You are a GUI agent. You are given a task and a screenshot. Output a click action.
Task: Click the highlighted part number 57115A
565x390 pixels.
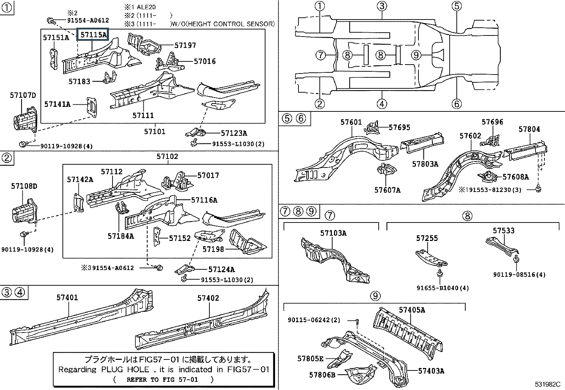click(x=93, y=35)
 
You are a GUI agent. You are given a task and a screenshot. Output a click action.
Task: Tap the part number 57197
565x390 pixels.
click(x=185, y=45)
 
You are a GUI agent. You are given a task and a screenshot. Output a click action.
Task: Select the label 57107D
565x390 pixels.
click(x=23, y=95)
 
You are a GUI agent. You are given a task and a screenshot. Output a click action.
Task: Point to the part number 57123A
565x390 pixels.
click(x=234, y=133)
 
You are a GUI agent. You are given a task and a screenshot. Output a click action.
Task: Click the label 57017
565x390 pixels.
click(x=208, y=176)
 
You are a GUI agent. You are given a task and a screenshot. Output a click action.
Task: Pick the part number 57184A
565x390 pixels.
click(x=121, y=236)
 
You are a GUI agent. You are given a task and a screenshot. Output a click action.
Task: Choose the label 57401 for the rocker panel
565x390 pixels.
click(x=67, y=298)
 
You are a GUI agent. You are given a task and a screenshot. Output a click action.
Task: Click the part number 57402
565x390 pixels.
click(x=208, y=298)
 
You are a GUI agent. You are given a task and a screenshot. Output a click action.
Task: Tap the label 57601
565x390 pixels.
click(x=351, y=122)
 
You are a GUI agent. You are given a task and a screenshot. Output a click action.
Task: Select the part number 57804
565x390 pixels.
click(x=529, y=129)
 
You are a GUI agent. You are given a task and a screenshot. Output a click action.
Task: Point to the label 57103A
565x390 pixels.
click(x=333, y=233)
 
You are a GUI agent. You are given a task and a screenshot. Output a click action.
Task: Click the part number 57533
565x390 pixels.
click(x=503, y=231)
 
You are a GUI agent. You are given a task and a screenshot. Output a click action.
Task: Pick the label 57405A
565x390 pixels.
click(x=412, y=310)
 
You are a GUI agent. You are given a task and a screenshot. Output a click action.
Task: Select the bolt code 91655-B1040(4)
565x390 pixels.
click(x=443, y=288)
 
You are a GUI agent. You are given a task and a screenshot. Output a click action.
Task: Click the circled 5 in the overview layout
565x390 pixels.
click(x=456, y=6)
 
